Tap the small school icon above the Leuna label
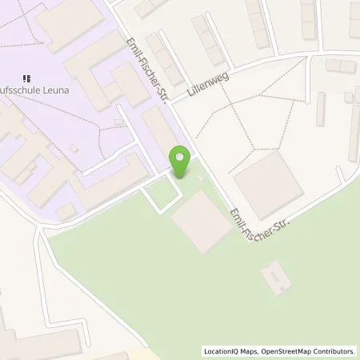click(x=29, y=78)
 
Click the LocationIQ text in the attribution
click(x=221, y=351)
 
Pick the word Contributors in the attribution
click(x=332, y=351)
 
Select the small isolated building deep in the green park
click(x=276, y=276)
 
